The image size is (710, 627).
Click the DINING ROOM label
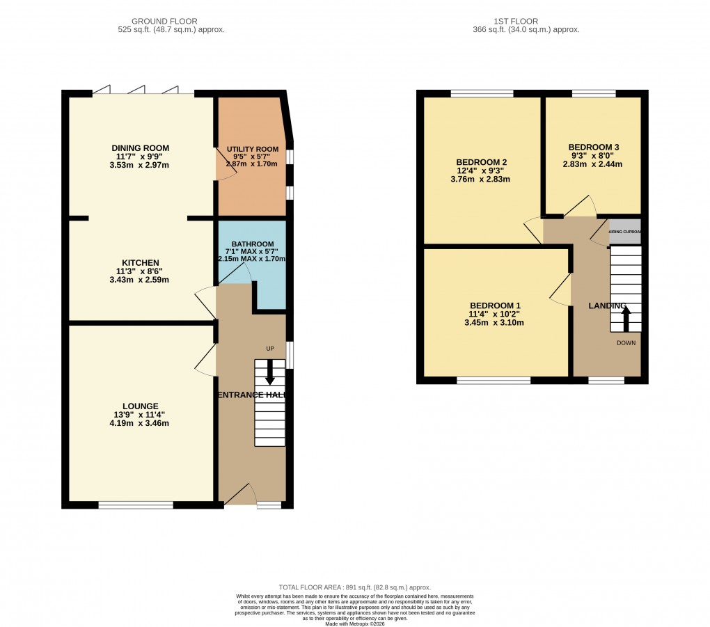coord(141,148)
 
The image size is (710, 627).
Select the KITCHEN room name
coord(141,262)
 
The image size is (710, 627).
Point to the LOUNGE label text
coord(141,406)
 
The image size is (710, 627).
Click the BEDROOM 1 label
coord(495,306)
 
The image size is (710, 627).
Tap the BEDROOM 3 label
coord(593,148)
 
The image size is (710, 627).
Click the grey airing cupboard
coord(624,232)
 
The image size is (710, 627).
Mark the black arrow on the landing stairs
coord(625,319)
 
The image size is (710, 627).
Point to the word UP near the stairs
coord(269,348)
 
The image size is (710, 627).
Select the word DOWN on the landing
coord(625,343)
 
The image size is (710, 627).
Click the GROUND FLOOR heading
coord(171,22)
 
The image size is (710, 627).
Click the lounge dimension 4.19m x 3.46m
coord(141,423)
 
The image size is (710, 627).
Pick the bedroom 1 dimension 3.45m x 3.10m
coord(495,323)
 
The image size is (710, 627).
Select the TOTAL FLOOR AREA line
coord(355,588)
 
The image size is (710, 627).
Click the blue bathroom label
coord(252,244)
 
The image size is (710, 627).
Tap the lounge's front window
coord(136,505)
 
